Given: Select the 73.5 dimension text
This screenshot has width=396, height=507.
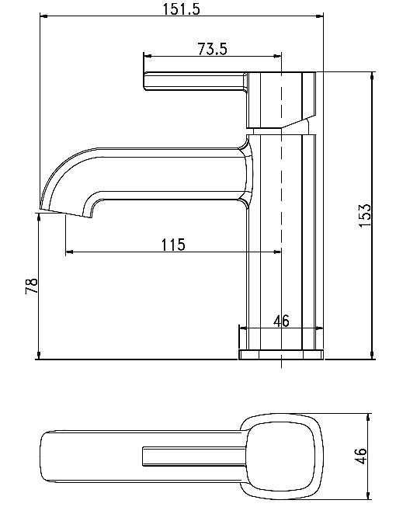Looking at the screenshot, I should (212, 49).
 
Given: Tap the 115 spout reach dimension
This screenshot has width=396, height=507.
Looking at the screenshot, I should (172, 245).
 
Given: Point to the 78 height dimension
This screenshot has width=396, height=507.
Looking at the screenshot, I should (31, 285).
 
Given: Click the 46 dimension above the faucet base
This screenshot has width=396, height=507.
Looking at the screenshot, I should (281, 321).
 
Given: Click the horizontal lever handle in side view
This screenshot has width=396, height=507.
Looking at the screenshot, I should (194, 82).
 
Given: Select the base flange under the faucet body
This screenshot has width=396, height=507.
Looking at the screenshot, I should (280, 355).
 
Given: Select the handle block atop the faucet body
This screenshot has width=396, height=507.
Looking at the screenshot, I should (281, 99).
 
